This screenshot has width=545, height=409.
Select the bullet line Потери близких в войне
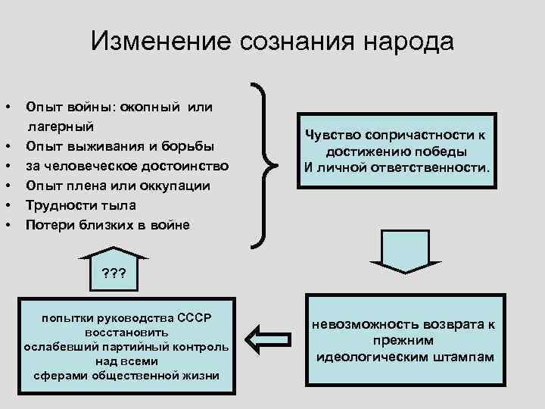pyautogui.click(x=107, y=224)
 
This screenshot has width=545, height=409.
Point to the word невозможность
pyautogui.click(x=362, y=324)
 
